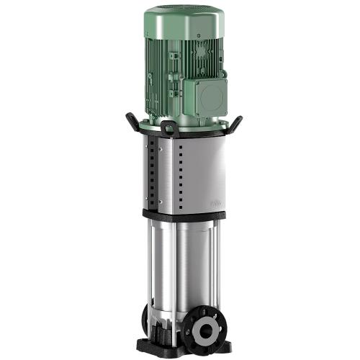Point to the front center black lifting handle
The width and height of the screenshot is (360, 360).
170,129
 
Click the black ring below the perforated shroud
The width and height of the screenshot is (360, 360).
180,215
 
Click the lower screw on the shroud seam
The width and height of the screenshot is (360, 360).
161,202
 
